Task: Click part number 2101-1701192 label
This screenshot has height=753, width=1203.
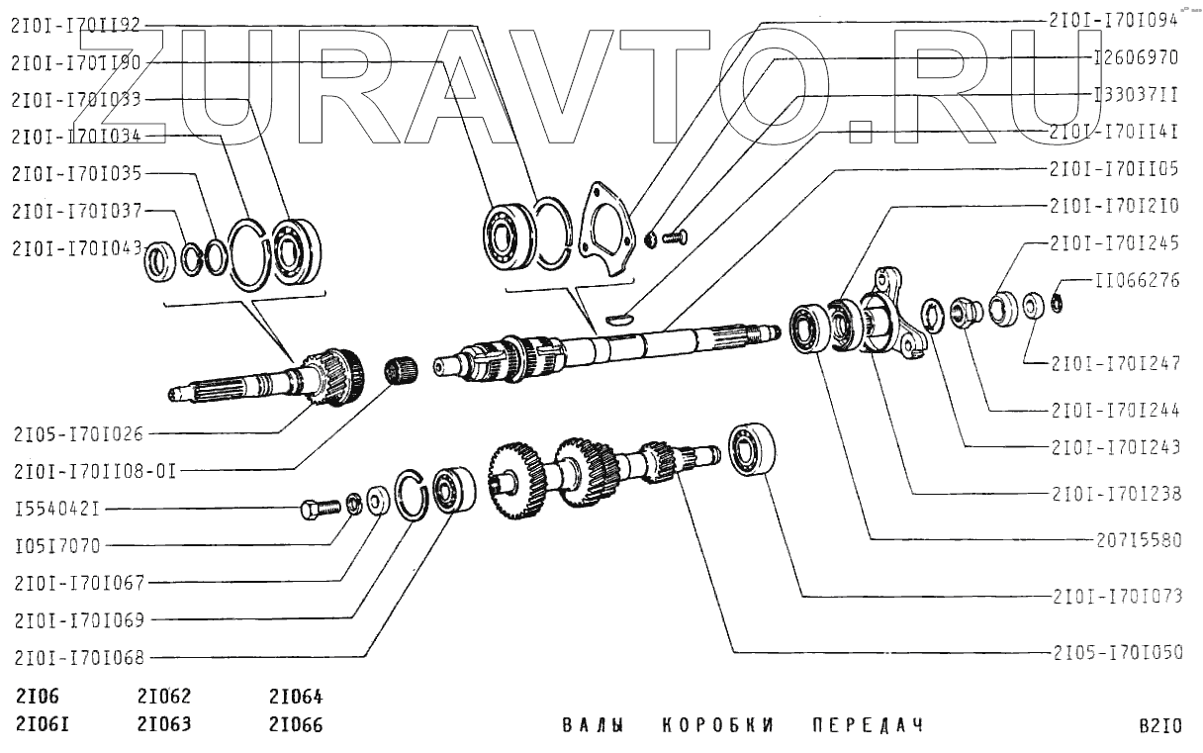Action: click(x=75, y=29)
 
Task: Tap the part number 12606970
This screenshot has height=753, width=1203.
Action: click(x=1136, y=58)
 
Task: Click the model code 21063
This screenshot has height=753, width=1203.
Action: click(x=164, y=724)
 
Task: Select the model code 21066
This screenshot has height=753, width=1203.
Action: click(x=296, y=724)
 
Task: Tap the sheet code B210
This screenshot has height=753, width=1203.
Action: click(x=1159, y=726)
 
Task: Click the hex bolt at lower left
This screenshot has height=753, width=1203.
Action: click(x=318, y=510)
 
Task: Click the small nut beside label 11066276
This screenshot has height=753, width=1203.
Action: click(x=1056, y=302)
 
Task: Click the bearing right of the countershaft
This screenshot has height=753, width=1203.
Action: click(x=752, y=450)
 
